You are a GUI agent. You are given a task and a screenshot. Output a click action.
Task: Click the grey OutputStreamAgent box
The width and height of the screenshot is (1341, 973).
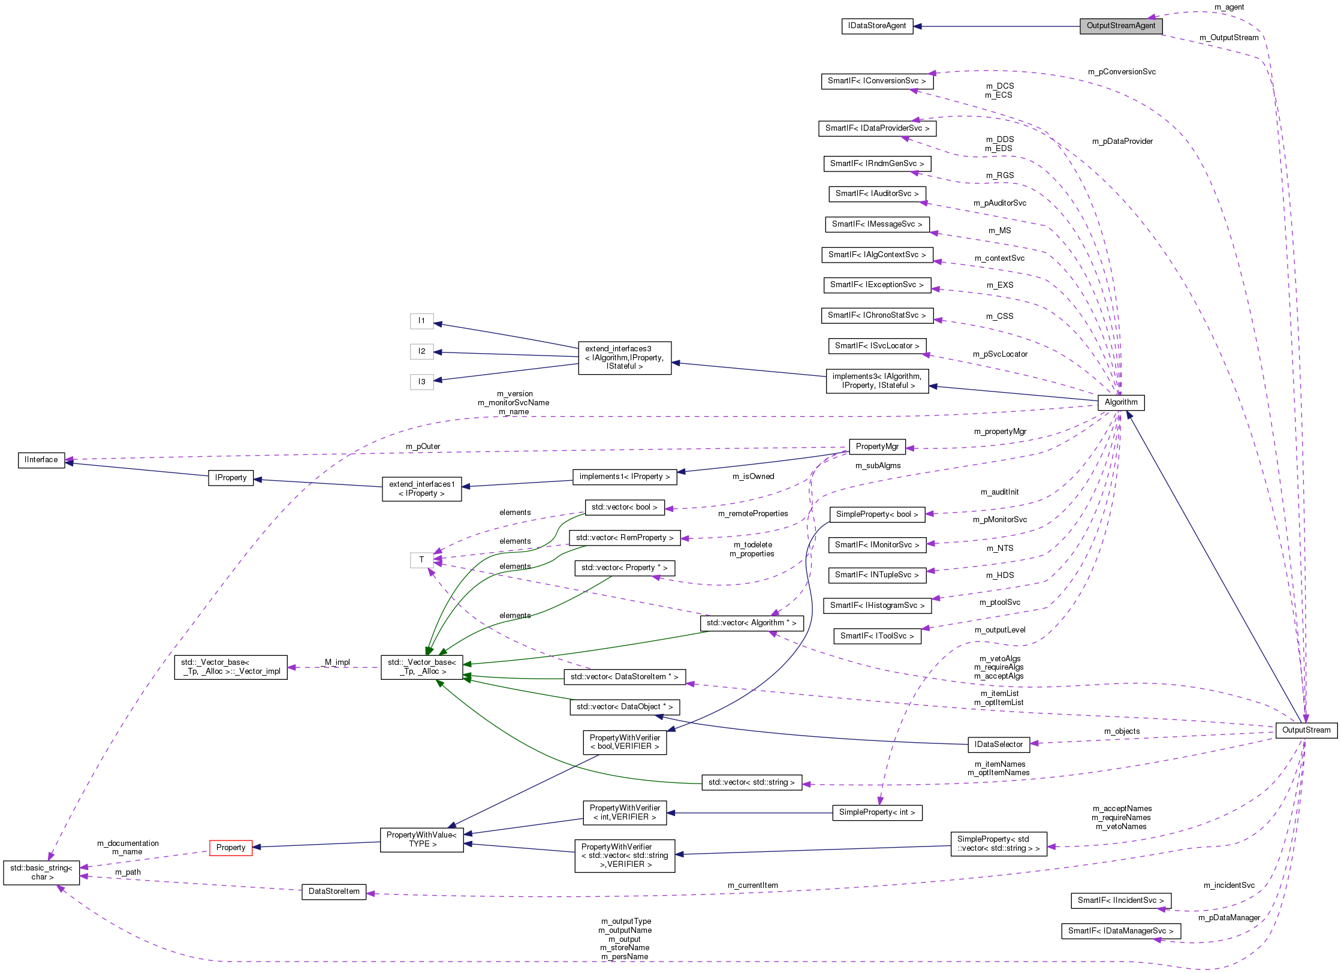tap(1120, 26)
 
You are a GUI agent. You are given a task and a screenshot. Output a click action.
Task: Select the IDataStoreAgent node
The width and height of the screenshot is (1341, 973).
tap(876, 26)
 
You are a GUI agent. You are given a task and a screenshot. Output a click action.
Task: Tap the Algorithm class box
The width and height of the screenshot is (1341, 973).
tap(1120, 402)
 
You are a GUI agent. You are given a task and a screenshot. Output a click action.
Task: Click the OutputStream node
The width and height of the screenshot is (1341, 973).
tap(1306, 730)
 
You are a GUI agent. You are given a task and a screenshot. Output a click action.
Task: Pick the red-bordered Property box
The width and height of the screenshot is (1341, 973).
tap(231, 848)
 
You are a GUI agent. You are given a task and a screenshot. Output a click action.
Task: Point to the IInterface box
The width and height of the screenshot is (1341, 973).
tap(41, 460)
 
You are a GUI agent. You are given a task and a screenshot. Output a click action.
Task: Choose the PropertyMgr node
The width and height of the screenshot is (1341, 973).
tap(876, 447)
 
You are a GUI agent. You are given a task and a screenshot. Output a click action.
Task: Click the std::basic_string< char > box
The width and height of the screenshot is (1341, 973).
tap(41, 872)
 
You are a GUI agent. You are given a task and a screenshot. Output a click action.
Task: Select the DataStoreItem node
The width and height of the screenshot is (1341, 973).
tap(334, 891)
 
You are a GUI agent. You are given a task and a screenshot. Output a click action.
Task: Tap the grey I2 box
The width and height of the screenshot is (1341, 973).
tap(421, 351)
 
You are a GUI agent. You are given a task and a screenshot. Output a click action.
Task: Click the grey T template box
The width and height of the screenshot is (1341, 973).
tap(421, 560)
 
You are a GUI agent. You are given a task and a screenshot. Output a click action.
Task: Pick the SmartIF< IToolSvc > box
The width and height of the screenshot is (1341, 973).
tap(876, 636)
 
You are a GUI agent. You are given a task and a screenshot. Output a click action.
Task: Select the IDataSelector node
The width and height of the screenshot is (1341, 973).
tap(998, 745)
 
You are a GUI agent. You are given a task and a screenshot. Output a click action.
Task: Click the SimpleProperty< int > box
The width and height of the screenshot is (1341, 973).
tap(876, 812)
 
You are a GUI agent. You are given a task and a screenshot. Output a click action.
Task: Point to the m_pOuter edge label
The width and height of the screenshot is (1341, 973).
tap(423, 447)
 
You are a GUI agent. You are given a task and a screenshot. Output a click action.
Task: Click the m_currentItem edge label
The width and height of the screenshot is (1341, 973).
tap(752, 885)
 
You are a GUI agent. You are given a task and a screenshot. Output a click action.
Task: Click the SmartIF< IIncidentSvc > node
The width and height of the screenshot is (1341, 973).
tap(1120, 900)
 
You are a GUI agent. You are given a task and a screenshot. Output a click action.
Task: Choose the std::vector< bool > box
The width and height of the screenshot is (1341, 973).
tap(624, 507)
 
